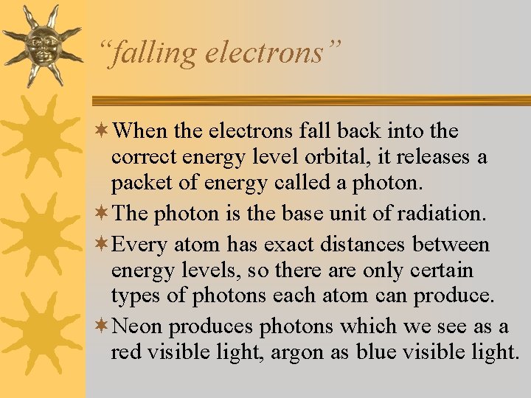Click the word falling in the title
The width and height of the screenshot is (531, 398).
[x=150, y=52]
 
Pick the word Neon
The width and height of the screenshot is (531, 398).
[x=145, y=325]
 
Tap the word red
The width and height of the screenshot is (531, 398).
[x=127, y=352]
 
